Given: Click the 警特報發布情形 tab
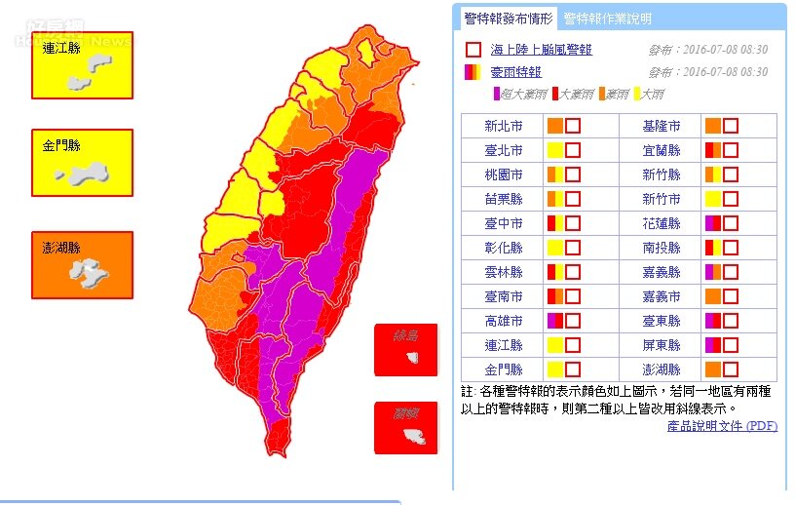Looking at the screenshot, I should [x=508, y=19].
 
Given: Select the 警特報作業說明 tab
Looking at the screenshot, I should [x=608, y=19].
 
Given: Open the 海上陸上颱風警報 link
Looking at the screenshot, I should [x=541, y=50].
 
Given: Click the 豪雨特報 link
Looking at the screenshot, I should [x=515, y=72].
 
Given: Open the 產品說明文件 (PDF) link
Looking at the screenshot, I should [x=722, y=426].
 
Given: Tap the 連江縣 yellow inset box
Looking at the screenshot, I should [x=82, y=65].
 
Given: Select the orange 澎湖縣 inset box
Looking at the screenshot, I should [x=82, y=264].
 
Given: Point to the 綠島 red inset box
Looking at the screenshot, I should [x=406, y=350].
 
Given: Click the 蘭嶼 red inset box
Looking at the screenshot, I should [x=406, y=428].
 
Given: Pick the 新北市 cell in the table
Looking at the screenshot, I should [x=504, y=126].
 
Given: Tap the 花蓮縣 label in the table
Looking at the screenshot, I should [x=662, y=223].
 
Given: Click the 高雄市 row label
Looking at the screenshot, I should [x=504, y=321].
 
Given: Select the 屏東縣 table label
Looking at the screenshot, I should [x=662, y=345].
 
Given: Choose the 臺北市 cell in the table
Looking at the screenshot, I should [x=504, y=150].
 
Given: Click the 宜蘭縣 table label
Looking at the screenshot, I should [x=662, y=150].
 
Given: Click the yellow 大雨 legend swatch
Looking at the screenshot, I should [x=636, y=94].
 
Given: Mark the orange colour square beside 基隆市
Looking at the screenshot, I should [x=712, y=126].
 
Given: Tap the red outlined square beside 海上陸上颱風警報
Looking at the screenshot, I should [x=473, y=50].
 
